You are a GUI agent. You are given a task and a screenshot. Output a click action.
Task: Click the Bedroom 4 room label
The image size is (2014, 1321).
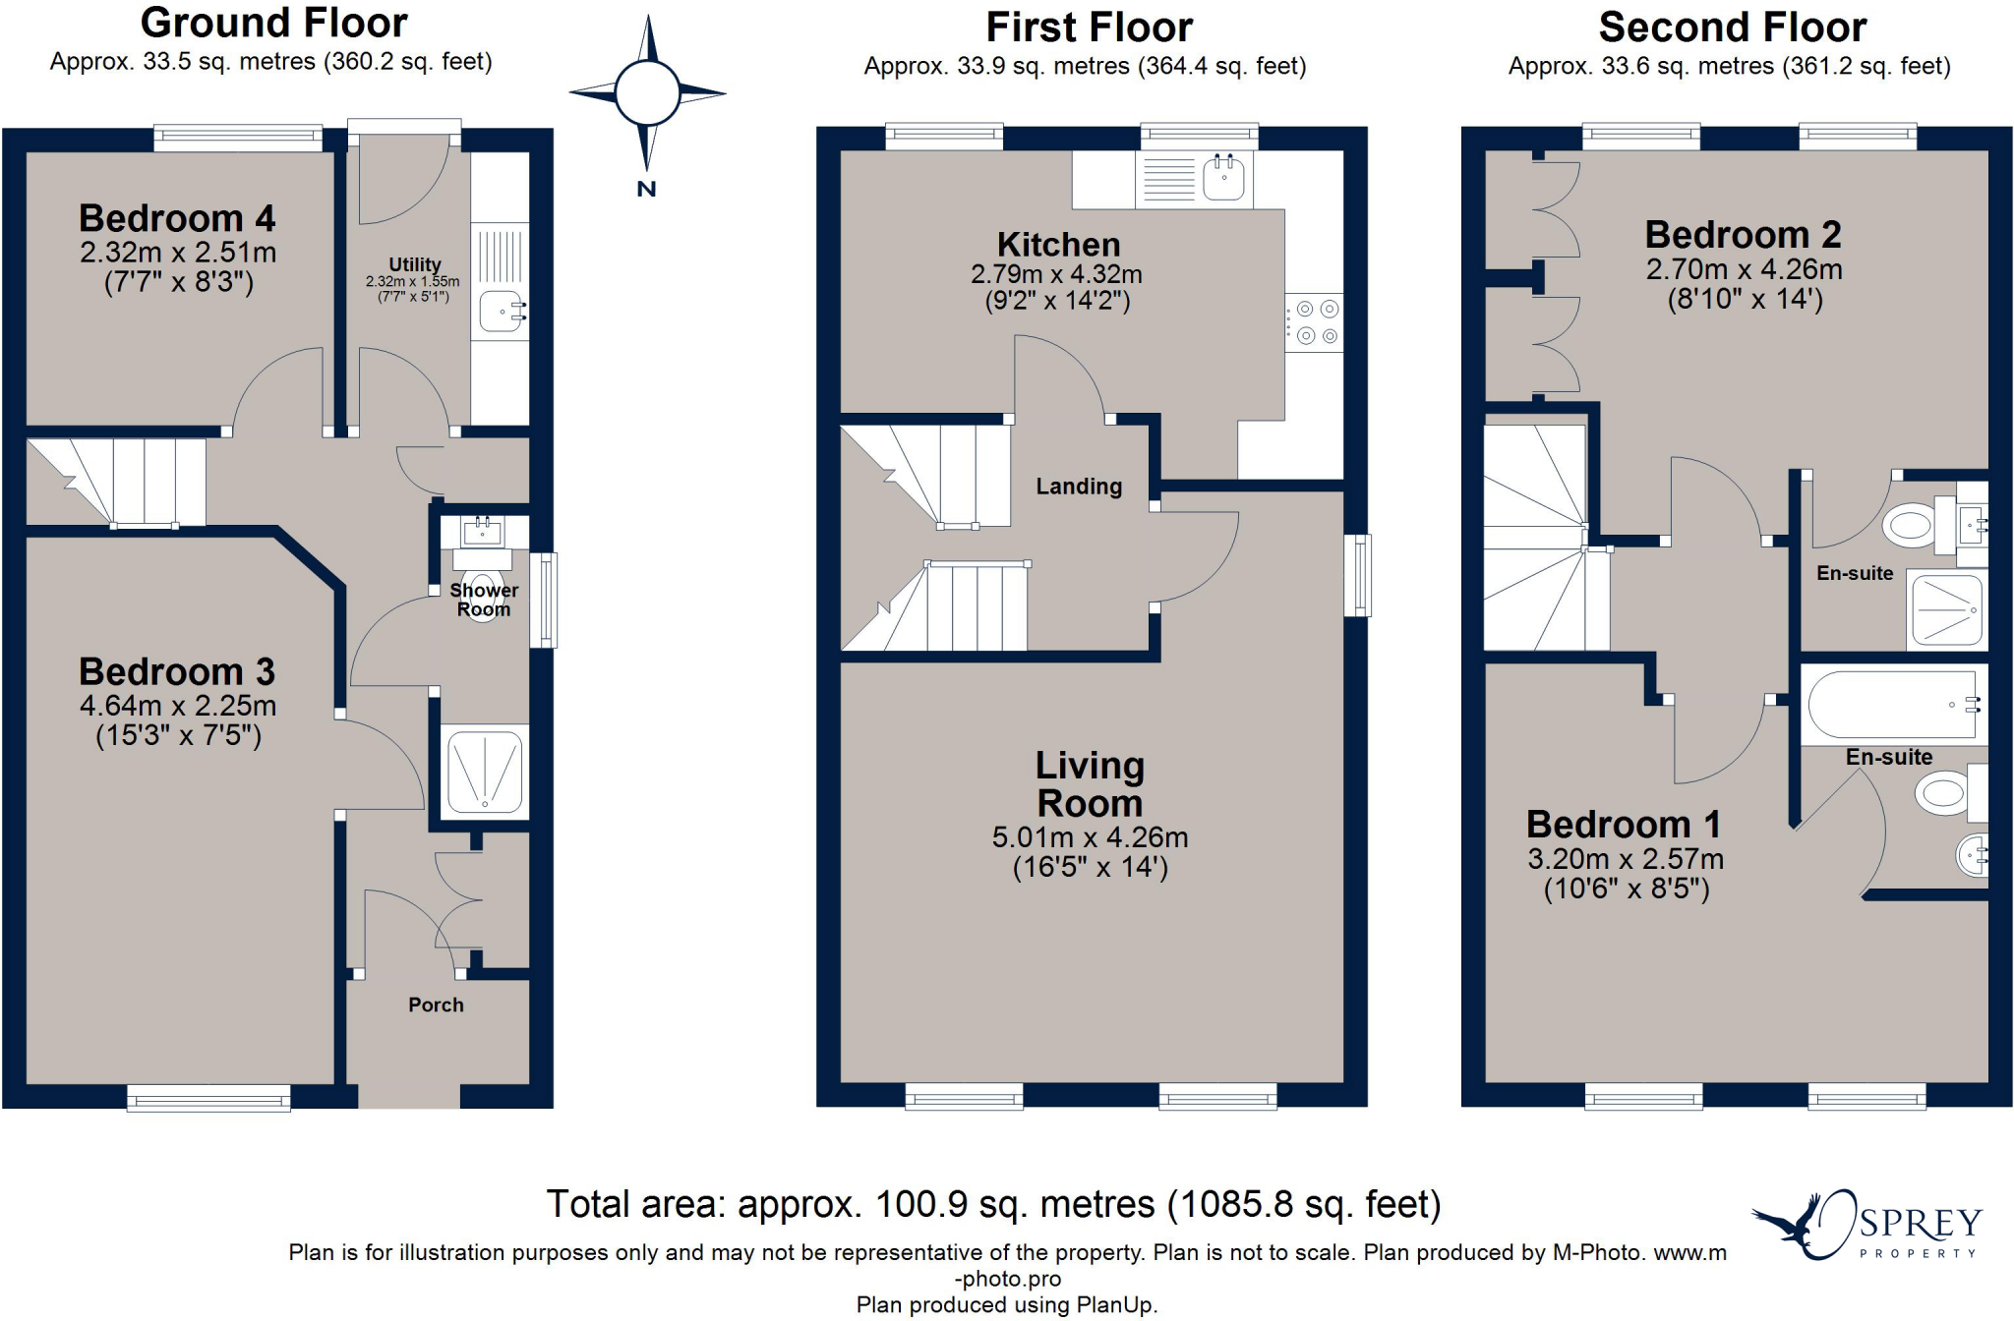[177, 218]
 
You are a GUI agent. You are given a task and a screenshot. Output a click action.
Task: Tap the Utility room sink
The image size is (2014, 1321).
[502, 312]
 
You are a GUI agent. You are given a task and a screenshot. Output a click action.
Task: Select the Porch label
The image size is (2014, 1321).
[436, 1005]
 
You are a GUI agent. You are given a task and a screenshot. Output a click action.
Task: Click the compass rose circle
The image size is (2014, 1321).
[647, 94]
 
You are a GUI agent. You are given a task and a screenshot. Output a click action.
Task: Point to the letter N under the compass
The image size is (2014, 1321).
[646, 190]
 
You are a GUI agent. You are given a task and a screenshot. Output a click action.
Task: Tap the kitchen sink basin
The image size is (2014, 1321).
[1223, 179]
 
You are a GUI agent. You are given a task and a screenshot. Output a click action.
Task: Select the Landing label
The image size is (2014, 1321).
[1079, 487]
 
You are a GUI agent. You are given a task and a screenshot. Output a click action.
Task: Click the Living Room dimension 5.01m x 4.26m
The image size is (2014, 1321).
[1090, 837]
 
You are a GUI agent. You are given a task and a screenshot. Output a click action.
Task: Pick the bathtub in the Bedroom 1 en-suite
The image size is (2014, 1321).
[1891, 705]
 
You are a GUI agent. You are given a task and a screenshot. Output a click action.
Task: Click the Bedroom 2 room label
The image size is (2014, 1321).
[1743, 235]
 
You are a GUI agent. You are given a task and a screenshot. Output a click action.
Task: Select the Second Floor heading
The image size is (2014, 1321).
[1732, 27]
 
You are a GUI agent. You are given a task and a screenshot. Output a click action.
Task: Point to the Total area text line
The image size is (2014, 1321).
[993, 1204]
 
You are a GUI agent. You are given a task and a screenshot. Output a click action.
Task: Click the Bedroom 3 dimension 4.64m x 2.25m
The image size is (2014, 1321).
[178, 706]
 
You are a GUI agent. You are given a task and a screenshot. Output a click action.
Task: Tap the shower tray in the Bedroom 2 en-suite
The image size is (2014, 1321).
[1947, 610]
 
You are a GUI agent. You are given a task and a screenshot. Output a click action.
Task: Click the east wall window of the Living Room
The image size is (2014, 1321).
[1357, 575]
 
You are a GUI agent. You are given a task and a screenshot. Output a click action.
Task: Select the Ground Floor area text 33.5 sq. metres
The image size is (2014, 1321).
[270, 62]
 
